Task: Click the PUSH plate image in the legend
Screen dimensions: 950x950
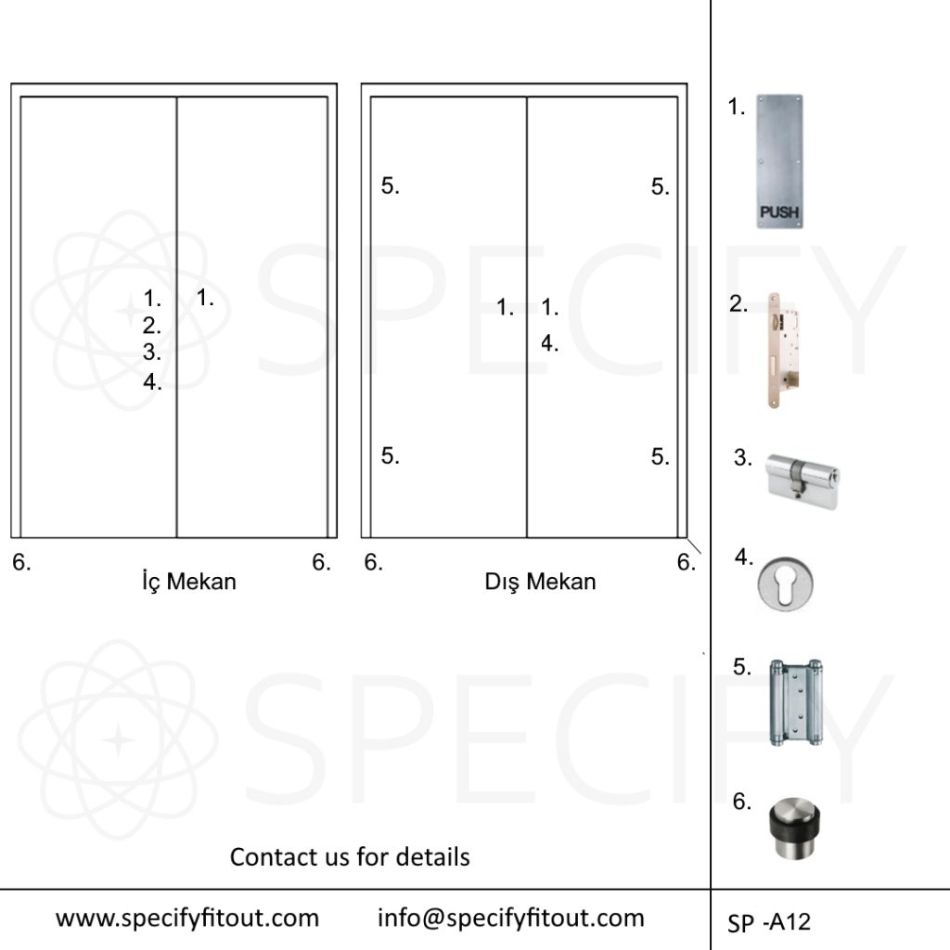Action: tap(779, 161)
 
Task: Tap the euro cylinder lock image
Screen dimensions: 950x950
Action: tap(802, 481)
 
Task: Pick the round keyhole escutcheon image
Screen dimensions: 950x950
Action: tap(785, 584)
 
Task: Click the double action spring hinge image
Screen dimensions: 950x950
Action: tap(795, 702)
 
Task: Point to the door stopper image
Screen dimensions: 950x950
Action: tap(794, 827)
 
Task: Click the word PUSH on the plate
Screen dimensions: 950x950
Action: tap(779, 212)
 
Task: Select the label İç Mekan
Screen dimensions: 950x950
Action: tap(189, 582)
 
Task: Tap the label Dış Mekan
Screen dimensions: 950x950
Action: tap(540, 582)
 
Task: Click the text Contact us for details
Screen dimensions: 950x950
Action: tap(350, 856)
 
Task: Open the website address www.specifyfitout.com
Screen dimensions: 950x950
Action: tap(187, 918)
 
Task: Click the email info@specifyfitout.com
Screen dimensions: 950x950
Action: tap(511, 918)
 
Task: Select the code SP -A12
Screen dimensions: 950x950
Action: tap(769, 922)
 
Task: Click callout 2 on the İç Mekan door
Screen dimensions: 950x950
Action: tap(151, 326)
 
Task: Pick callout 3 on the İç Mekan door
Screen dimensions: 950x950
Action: tap(151, 352)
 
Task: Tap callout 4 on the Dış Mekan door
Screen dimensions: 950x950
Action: tap(549, 343)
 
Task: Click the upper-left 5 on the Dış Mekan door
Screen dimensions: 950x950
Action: tap(391, 186)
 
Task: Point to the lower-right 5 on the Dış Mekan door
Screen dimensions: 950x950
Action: tap(661, 456)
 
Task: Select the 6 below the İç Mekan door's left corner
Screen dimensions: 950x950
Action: tap(21, 563)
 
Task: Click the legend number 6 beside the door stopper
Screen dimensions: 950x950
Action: tap(741, 802)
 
